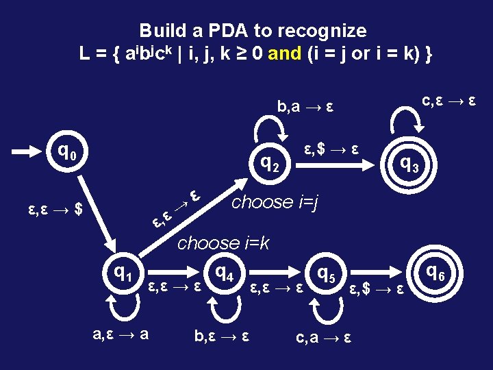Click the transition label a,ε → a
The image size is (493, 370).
(x=122, y=334)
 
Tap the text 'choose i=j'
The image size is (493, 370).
(x=276, y=202)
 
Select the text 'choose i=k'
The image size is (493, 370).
(x=224, y=243)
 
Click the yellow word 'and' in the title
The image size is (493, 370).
(x=283, y=54)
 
